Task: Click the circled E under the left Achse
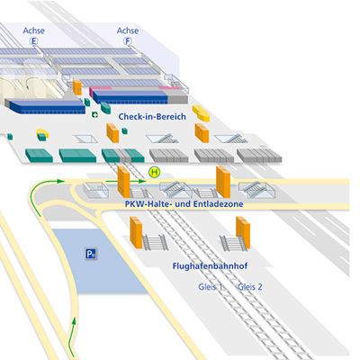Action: tap(35, 40)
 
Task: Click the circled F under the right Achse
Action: tap(128, 40)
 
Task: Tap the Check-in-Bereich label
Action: tap(151, 117)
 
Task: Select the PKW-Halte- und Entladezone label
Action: tap(184, 205)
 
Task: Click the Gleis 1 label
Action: tap(211, 286)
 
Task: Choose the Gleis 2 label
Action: tap(250, 286)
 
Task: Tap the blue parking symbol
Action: tap(91, 255)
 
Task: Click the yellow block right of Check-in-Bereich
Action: tap(201, 115)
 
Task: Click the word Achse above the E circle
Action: tap(34, 30)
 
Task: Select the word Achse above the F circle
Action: tap(128, 30)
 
